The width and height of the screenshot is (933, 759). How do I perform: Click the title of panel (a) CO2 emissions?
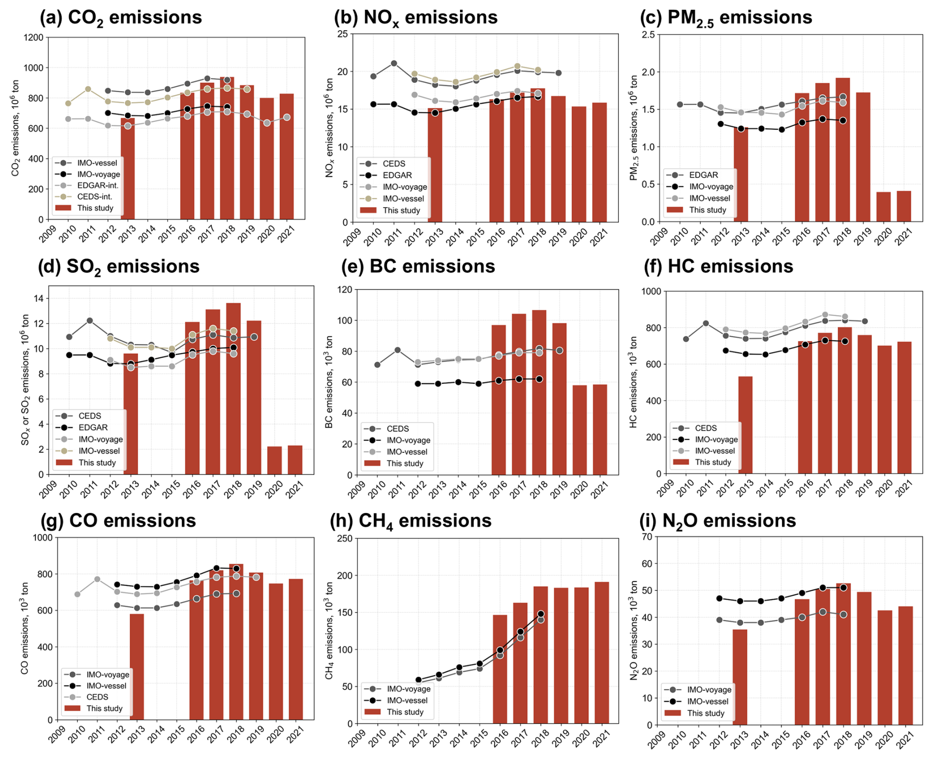[x=121, y=18]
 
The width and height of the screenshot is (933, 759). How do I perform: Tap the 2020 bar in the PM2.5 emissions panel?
[x=883, y=207]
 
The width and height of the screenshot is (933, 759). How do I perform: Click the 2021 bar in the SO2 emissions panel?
[x=295, y=460]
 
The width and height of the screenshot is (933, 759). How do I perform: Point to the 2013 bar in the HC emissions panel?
[x=745, y=425]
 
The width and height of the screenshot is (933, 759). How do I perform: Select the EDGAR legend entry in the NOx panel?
[x=397, y=175]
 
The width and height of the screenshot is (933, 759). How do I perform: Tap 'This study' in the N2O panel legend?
[x=705, y=713]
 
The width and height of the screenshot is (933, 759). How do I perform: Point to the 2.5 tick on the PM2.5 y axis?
[x=648, y=35]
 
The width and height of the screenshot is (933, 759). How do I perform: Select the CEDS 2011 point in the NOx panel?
[x=394, y=64]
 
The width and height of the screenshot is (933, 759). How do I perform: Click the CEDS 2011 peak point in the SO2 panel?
[x=90, y=321]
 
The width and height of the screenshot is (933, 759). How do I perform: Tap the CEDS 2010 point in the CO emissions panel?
[x=77, y=594]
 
